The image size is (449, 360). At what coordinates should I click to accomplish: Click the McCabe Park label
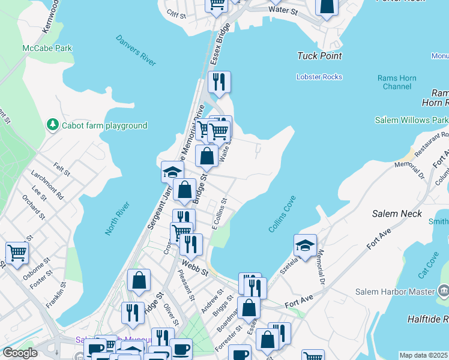pos(47,48)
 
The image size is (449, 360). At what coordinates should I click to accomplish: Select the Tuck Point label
pos(319,56)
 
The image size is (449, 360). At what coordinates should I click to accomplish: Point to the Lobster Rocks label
pos(319,77)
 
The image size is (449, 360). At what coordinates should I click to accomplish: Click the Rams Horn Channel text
pos(394,82)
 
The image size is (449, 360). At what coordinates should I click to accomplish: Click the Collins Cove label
pos(282,218)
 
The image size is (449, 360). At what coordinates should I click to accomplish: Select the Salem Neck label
pos(397,214)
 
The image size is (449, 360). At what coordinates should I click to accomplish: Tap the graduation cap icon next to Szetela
pos(305,244)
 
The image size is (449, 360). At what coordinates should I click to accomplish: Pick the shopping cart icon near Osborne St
pos(17,252)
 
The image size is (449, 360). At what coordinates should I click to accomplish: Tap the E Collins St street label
pos(218,214)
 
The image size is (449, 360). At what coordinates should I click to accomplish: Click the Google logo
pos(20,352)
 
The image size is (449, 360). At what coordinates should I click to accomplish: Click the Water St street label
pos(283,10)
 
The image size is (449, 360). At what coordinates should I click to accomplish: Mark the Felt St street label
pos(61,170)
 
